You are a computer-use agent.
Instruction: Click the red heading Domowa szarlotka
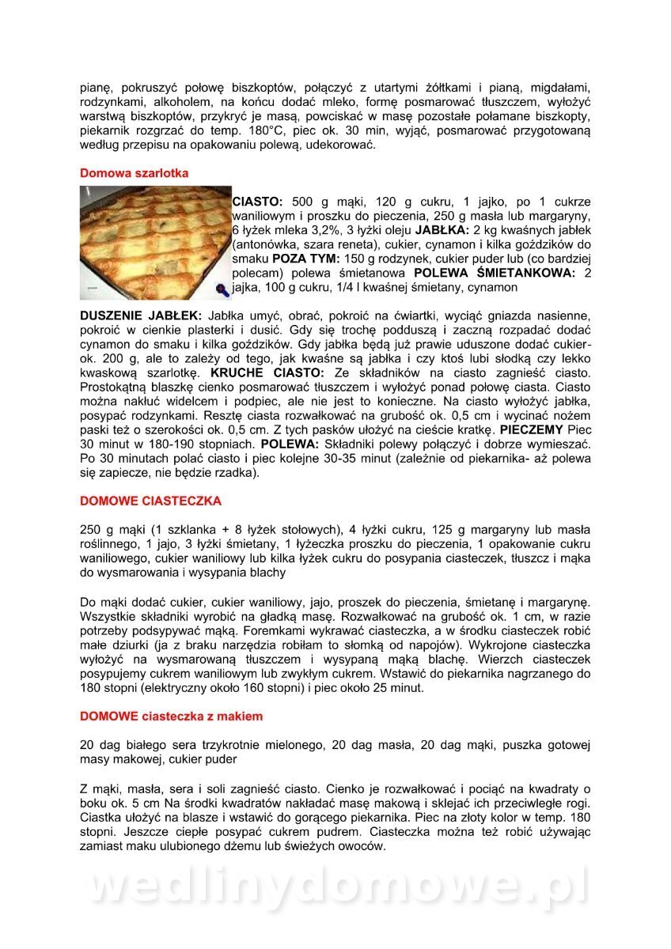tap(135, 172)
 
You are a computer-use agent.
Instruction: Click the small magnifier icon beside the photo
tap(224, 291)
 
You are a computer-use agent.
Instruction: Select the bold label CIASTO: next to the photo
tap(262, 202)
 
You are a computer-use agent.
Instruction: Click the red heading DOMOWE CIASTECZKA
tap(150, 501)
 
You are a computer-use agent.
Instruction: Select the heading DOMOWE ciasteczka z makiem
tap(171, 716)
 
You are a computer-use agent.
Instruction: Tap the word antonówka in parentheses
tap(267, 244)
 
